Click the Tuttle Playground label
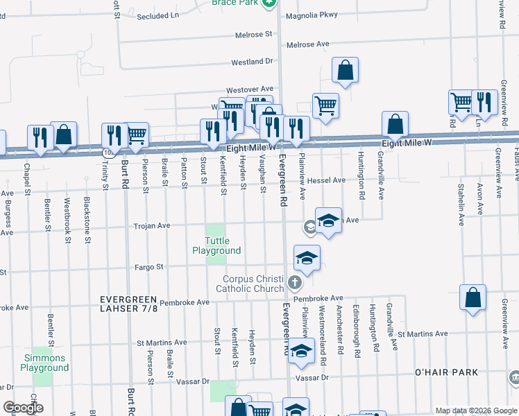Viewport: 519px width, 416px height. point(216,245)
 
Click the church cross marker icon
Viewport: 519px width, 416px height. point(295,283)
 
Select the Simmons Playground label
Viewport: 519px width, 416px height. point(43,363)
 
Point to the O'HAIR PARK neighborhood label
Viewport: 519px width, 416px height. point(445,372)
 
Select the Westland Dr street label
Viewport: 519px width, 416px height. point(252,62)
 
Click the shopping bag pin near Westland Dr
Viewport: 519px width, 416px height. point(345,70)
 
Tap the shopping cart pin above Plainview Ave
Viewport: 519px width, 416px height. point(325,106)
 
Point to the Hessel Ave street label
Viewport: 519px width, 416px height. point(326,180)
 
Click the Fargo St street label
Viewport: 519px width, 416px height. point(149,266)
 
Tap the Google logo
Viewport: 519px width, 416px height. point(23,408)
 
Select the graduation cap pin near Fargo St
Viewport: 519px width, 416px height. point(306,258)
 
